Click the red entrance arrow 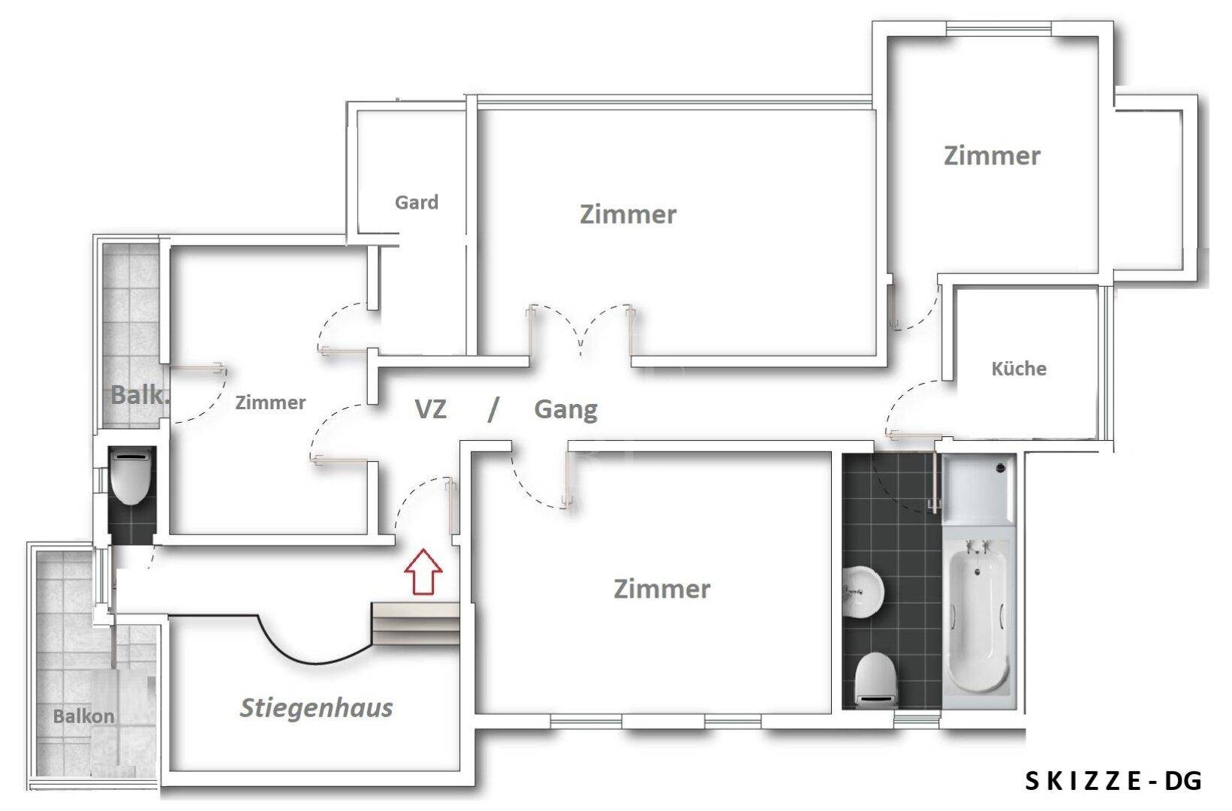[423, 572]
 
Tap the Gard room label [417, 203]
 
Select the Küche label [1019, 369]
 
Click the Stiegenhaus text [316, 707]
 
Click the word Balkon [83, 716]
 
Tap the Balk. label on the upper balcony [138, 395]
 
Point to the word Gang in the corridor [565, 410]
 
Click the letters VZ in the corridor [431, 410]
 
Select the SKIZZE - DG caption [1113, 782]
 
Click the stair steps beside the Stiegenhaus [416, 623]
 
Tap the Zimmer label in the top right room [992, 156]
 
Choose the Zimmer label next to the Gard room [628, 215]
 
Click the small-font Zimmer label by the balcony [270, 403]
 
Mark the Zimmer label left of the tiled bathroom [661, 589]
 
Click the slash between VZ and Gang [492, 410]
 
